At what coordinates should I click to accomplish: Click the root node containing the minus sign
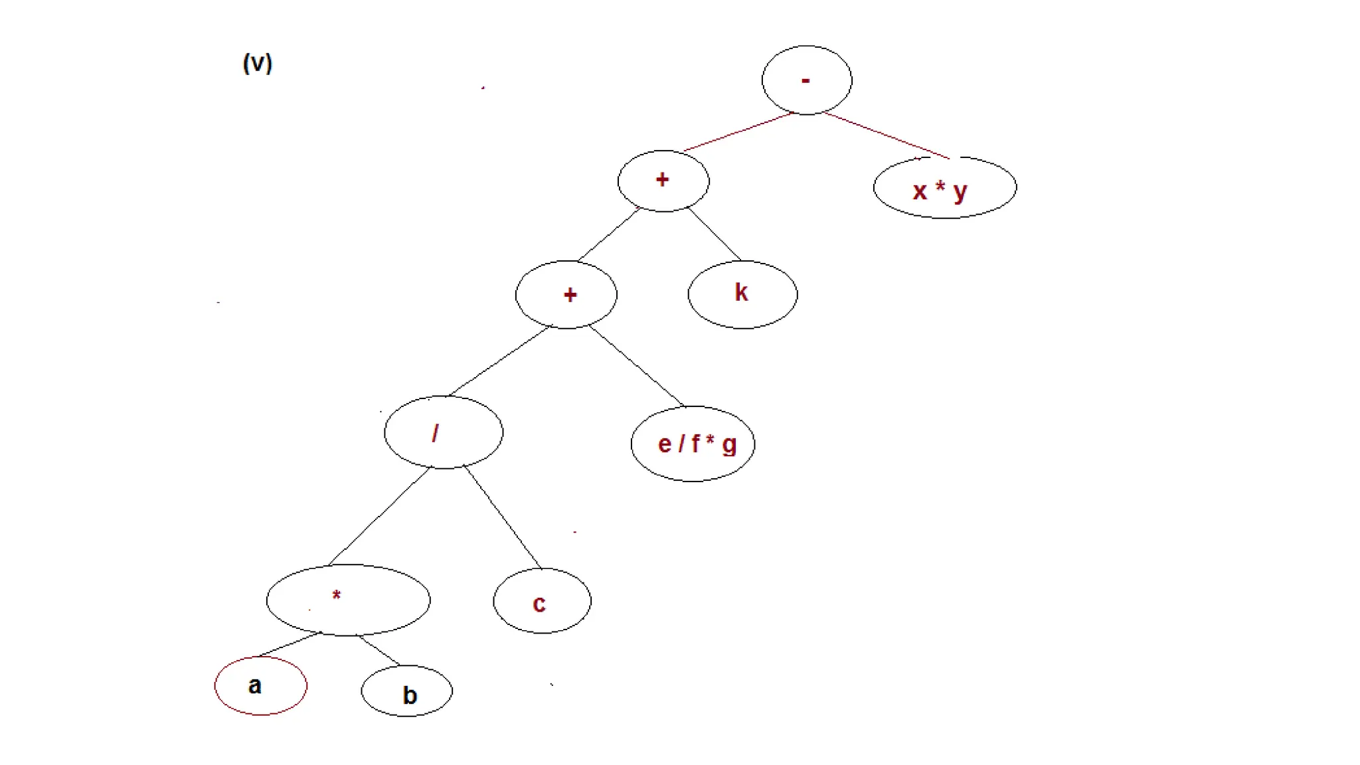pyautogui.click(x=806, y=80)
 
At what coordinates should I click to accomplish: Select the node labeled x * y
pyautogui.click(x=944, y=188)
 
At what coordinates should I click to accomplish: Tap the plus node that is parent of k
pyautogui.click(x=663, y=181)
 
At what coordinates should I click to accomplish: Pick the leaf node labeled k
pyautogui.click(x=742, y=294)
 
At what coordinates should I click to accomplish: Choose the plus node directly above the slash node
pyautogui.click(x=566, y=294)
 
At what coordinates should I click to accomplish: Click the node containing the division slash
pyautogui.click(x=443, y=432)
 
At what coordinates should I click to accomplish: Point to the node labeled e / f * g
pyautogui.click(x=693, y=444)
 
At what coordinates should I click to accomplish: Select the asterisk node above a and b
pyautogui.click(x=347, y=600)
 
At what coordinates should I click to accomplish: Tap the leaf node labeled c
pyautogui.click(x=541, y=601)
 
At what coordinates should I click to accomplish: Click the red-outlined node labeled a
pyautogui.click(x=260, y=685)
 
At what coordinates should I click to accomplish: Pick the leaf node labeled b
pyautogui.click(x=406, y=691)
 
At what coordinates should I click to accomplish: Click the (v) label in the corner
pyautogui.click(x=258, y=63)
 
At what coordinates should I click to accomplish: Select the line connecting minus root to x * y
pyautogui.click(x=887, y=135)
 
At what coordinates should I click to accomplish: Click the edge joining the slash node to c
pyautogui.click(x=503, y=518)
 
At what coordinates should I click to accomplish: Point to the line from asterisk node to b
pyautogui.click(x=379, y=650)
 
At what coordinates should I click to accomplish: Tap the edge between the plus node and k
pyautogui.click(x=715, y=234)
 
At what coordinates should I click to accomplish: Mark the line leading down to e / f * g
pyautogui.click(x=636, y=366)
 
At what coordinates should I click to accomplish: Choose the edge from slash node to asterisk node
pyautogui.click(x=380, y=516)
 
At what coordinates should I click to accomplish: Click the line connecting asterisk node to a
pyautogui.click(x=290, y=644)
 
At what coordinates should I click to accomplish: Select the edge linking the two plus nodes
pyautogui.click(x=608, y=234)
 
